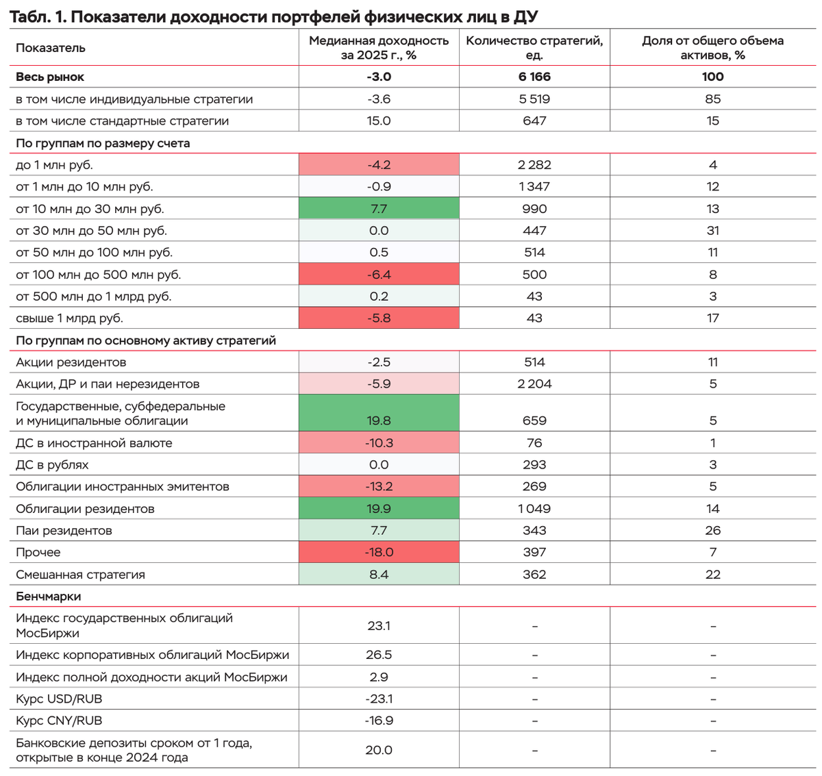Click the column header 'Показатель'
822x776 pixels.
click(x=51, y=48)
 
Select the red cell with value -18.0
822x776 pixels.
click(x=379, y=552)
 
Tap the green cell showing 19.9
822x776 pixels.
click(x=379, y=508)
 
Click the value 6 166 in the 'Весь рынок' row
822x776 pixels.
click(x=534, y=77)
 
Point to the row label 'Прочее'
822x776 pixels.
click(x=38, y=552)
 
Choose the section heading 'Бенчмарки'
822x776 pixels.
click(x=48, y=596)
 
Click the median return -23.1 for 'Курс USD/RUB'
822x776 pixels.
click(x=379, y=699)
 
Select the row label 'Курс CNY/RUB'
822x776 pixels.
click(x=59, y=721)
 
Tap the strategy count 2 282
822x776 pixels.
click(x=534, y=164)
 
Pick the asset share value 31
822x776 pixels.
click(x=712, y=230)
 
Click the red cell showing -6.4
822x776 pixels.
click(x=379, y=274)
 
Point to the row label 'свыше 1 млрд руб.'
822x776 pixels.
click(x=69, y=318)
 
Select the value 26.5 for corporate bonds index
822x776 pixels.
click(x=379, y=655)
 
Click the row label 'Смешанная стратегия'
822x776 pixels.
click(x=80, y=574)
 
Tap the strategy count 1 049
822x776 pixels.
click(x=534, y=508)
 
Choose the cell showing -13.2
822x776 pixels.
click(x=379, y=486)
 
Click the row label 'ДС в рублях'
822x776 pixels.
click(x=52, y=464)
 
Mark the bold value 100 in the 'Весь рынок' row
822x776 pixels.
click(x=712, y=77)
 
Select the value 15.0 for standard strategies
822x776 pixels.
click(x=379, y=121)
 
